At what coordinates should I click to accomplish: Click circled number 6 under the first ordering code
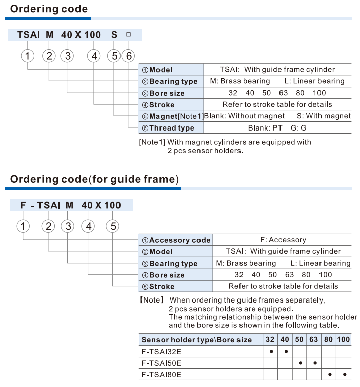coord(129,56)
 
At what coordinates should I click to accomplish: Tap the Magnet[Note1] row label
coord(173,116)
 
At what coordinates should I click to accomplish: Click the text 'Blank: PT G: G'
coord(277,128)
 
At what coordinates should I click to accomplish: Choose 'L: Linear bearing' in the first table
coord(314,81)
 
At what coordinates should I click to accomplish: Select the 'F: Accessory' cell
coord(283,240)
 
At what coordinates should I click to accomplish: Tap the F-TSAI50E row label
coord(162,363)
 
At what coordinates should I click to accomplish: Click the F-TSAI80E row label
coord(162,375)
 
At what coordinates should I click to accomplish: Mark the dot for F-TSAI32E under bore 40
coord(286,351)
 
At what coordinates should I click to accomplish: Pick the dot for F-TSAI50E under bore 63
coord(314,363)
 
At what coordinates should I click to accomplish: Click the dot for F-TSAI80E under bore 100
coord(344,375)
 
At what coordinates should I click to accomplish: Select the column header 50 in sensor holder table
coord(300,339)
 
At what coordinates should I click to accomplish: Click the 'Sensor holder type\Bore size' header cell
coord(196,340)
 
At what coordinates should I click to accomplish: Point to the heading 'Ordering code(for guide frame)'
coord(94,179)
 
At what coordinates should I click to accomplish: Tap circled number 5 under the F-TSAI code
coord(112,226)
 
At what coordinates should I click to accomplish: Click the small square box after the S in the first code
coord(128,35)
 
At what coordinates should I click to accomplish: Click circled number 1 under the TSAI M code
coord(28,56)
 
